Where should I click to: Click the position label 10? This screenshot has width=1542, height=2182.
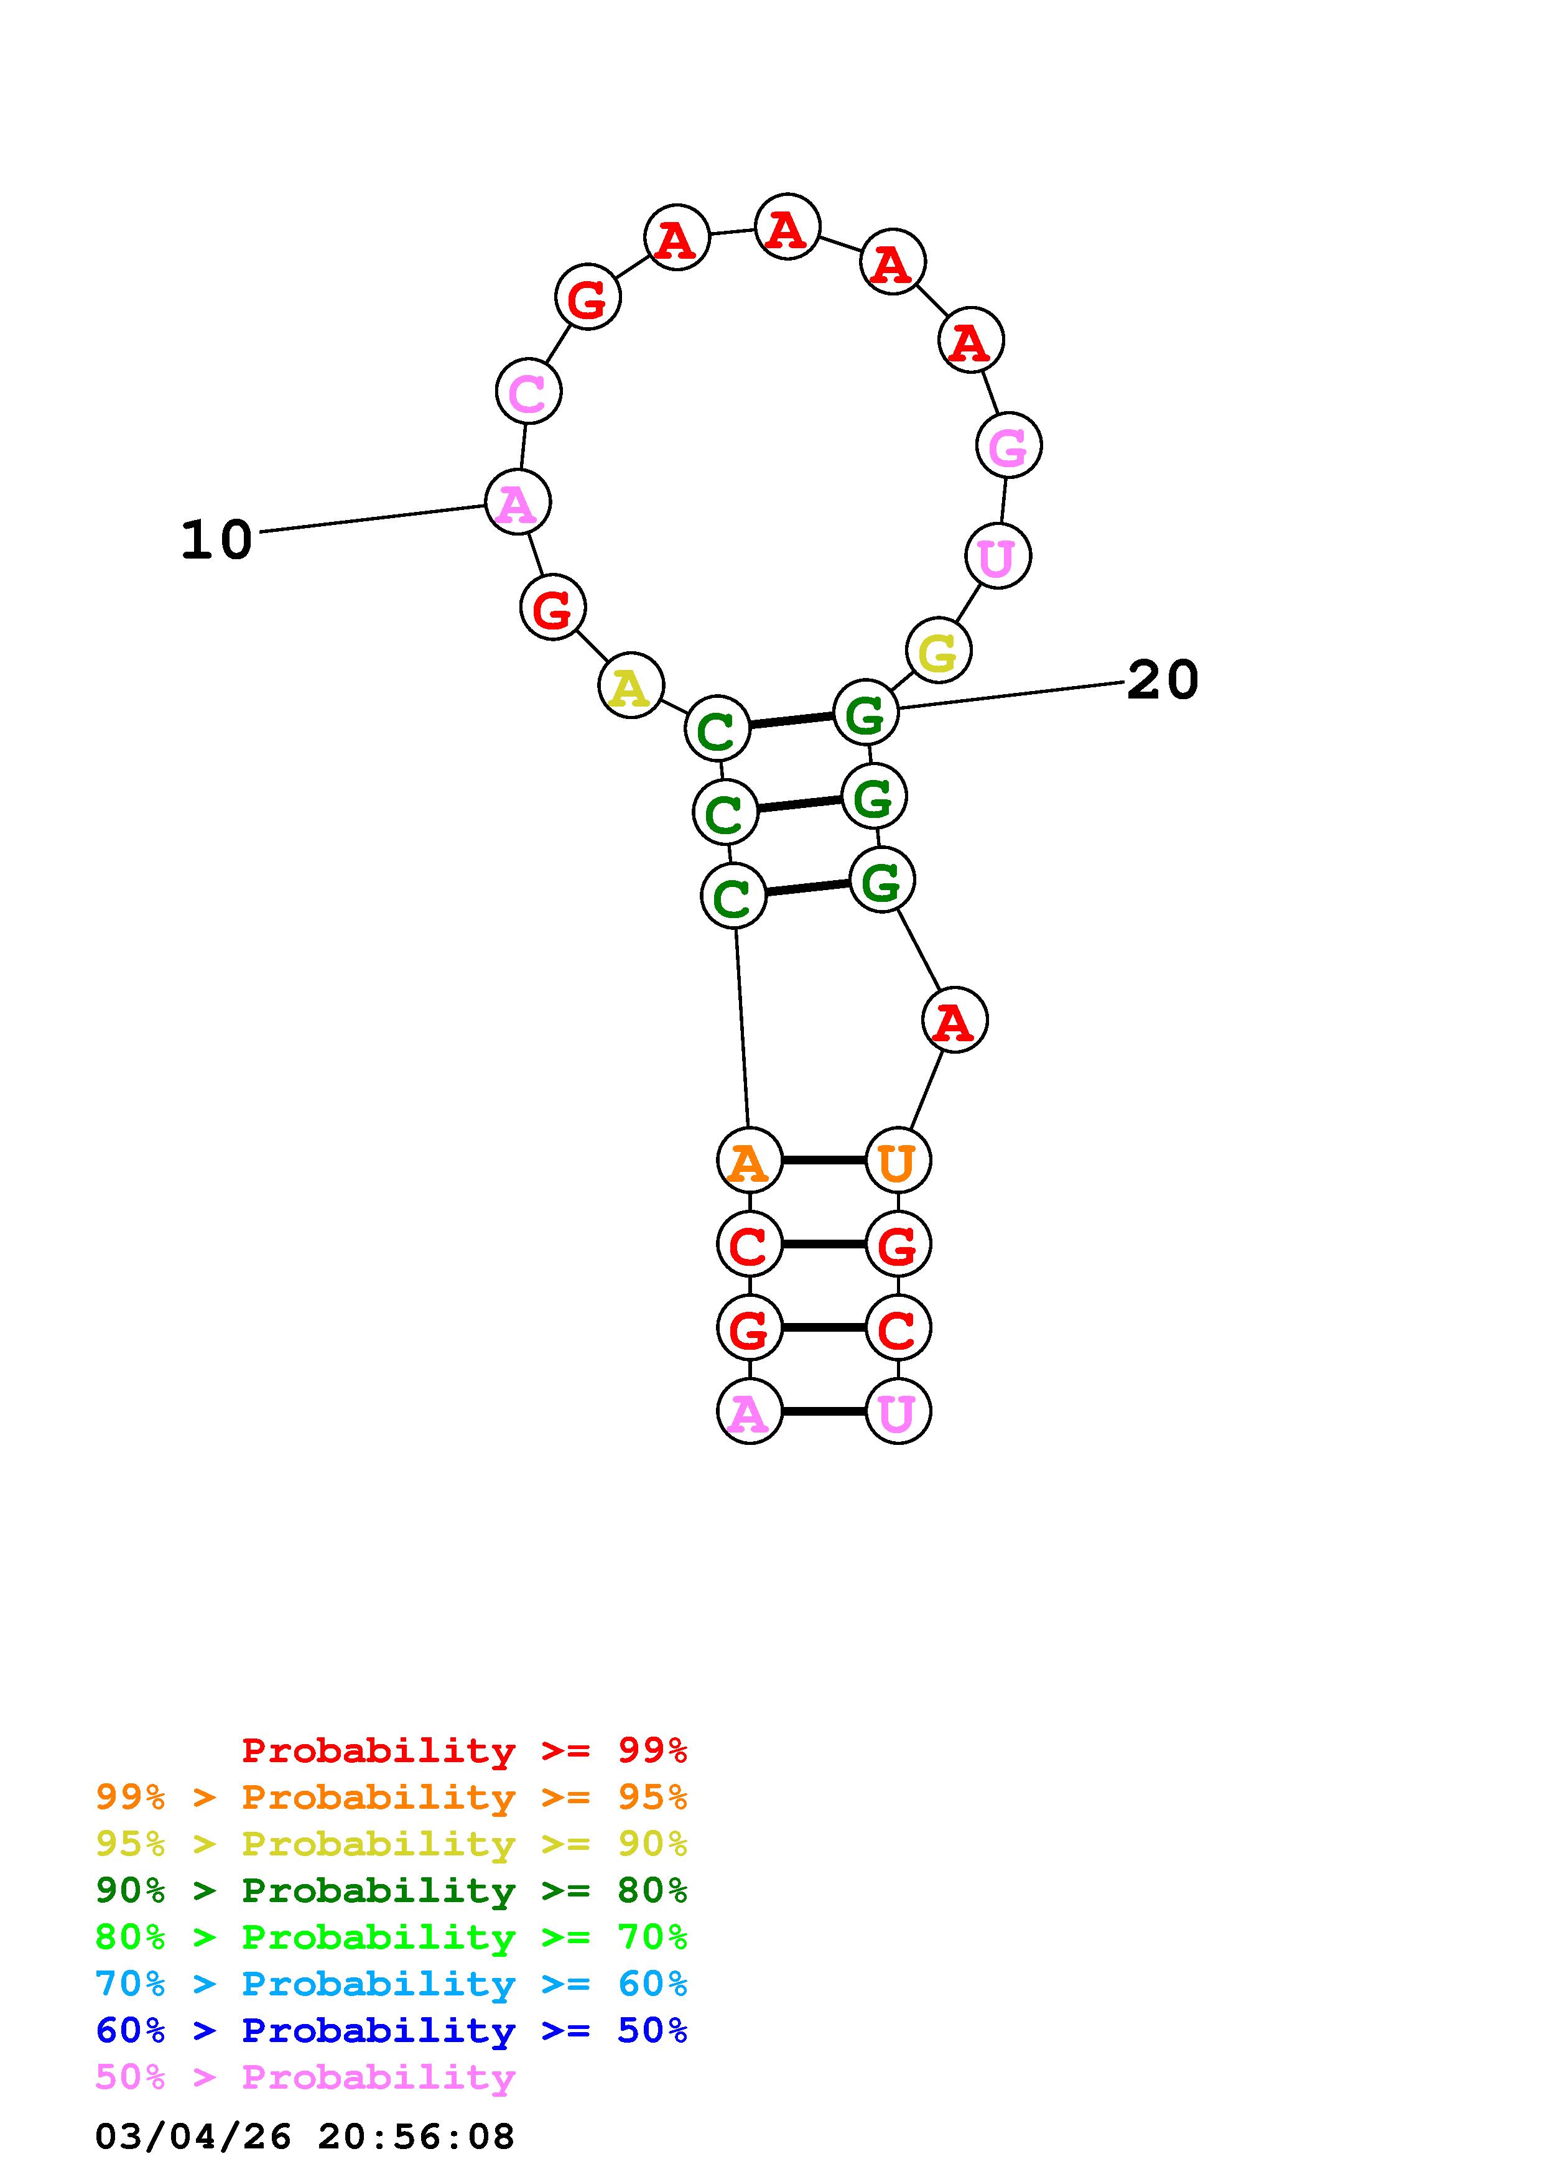point(216,540)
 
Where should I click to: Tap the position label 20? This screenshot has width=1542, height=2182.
point(1162,680)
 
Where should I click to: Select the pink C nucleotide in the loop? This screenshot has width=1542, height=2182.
point(528,391)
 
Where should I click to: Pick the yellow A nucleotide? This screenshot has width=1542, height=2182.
point(631,685)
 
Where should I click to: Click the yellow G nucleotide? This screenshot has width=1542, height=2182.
point(938,651)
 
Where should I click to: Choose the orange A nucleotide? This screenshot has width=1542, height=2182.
point(749,1161)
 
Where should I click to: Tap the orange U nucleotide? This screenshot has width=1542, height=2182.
point(897,1161)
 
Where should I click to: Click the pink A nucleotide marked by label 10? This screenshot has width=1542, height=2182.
point(518,502)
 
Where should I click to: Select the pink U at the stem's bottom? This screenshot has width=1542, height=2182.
point(897,1411)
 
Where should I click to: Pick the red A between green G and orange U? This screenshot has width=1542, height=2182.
point(954,1021)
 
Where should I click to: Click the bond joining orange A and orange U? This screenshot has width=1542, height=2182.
point(823,1161)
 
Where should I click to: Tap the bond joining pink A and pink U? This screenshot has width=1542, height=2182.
point(823,1411)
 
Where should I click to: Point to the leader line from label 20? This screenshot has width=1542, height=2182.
point(1012,695)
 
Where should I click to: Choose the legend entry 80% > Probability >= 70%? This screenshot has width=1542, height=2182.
point(391,1937)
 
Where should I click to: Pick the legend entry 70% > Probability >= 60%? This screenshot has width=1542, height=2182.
point(391,1984)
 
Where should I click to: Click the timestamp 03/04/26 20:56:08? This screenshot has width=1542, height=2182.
point(305,2137)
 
